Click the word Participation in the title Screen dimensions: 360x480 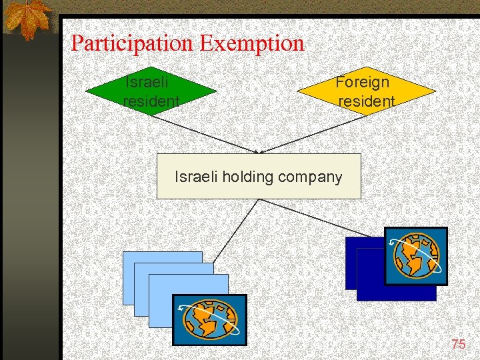click(133, 44)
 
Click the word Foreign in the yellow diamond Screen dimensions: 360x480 click(362, 82)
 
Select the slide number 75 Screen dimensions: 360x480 click(458, 344)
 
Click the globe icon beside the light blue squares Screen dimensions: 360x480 click(210, 319)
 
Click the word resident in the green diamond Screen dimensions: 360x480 click(151, 101)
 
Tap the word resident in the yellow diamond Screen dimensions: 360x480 click(366, 101)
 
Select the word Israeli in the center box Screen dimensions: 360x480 click(196, 177)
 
